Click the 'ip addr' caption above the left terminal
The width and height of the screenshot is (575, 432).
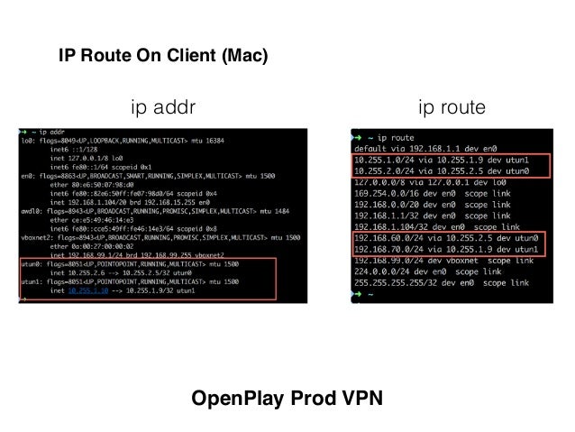pyautogui.click(x=164, y=109)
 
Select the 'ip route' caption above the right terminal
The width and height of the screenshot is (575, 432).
pyautogui.click(x=452, y=109)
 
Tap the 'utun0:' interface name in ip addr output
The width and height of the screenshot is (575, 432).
pyautogui.click(x=30, y=262)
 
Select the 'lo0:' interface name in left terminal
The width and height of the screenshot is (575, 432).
pyautogui.click(x=25, y=140)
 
